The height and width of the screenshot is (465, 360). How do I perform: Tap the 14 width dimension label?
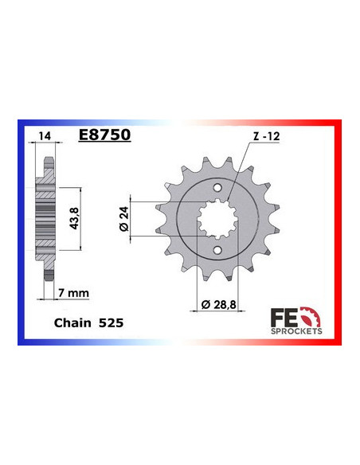[x=42, y=136]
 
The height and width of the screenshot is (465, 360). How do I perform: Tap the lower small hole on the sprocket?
[x=217, y=252]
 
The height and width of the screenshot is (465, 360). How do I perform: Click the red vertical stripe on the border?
[x=340, y=231]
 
